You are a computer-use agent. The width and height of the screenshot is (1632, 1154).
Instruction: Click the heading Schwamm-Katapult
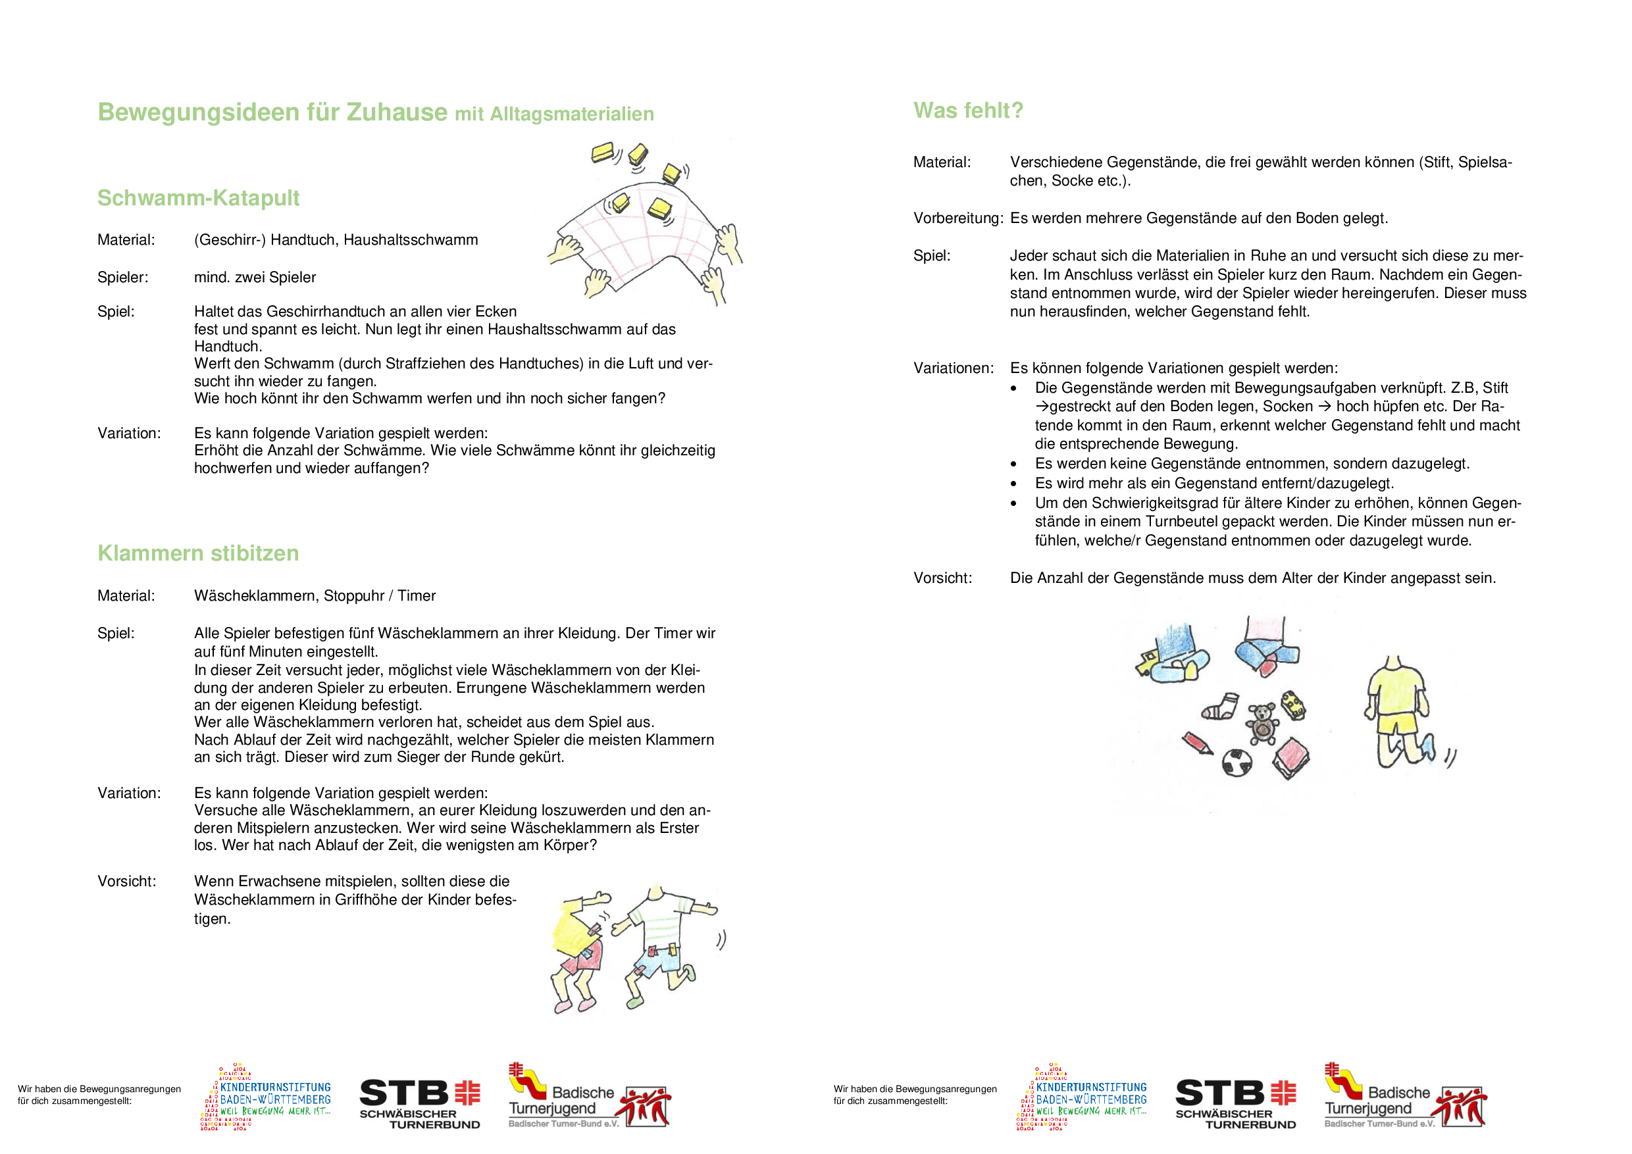[x=198, y=197]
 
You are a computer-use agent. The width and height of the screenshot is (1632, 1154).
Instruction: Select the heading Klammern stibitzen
[x=198, y=553]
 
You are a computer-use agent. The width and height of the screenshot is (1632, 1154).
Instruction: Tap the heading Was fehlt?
[x=968, y=111]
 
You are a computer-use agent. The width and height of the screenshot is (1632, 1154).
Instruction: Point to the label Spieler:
[x=123, y=277]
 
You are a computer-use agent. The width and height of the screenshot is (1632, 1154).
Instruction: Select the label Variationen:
[x=953, y=368]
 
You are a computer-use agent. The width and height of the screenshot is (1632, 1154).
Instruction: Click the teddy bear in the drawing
[x=1262, y=722]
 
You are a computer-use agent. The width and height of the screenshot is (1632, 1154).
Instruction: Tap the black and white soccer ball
[x=1237, y=763]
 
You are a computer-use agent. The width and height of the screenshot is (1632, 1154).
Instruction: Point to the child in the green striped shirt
[x=657, y=938]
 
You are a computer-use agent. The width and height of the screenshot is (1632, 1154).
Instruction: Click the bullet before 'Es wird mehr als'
[x=1013, y=484]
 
